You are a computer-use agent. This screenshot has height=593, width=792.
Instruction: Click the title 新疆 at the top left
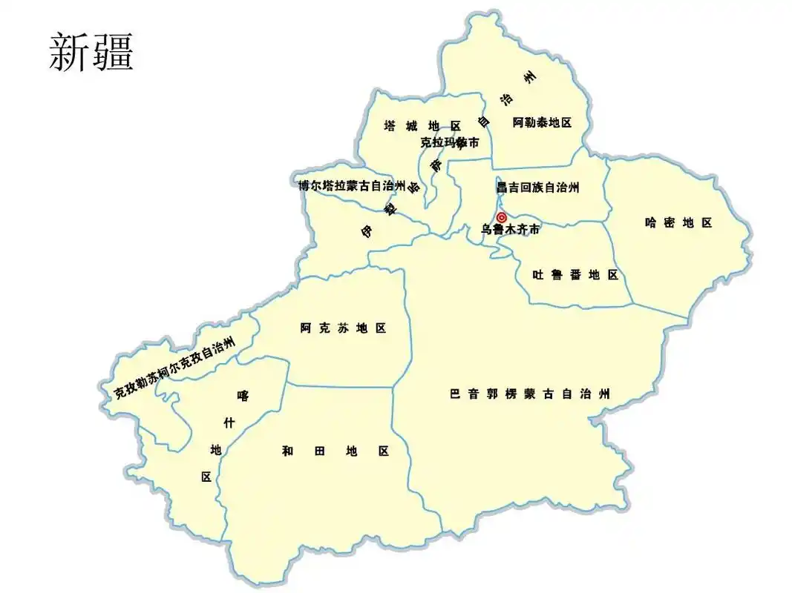point(91,53)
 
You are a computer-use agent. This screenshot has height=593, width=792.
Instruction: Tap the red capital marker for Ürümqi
point(502,217)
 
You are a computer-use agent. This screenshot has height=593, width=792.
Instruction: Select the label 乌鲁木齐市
point(510,231)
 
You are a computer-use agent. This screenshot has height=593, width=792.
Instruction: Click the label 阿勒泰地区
point(543,123)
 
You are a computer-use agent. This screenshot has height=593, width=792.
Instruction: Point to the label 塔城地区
point(422,126)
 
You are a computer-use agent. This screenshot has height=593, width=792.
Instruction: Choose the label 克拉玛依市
point(449,142)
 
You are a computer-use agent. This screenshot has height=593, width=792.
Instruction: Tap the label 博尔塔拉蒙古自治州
point(352,185)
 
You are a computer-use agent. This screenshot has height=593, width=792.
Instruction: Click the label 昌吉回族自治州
point(537,188)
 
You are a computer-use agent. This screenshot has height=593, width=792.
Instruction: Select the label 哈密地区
point(678,222)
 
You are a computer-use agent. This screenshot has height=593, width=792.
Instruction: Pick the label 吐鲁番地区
point(575,275)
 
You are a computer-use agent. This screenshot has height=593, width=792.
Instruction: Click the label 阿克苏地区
point(343,328)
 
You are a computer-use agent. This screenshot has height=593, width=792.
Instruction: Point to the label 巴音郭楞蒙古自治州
point(530,394)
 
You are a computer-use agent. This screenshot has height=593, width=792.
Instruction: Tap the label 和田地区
point(336,451)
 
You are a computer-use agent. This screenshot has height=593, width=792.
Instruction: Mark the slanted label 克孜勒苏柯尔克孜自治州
point(174,368)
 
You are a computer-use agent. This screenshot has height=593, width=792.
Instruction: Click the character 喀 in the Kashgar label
point(243,396)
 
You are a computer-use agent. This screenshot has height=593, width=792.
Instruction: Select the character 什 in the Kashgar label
point(229,423)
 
